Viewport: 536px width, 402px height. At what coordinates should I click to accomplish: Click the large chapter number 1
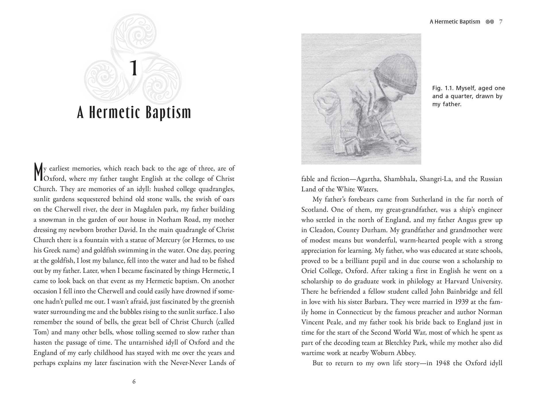coord(134,68)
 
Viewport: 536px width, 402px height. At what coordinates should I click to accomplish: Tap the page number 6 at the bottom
coord(134,382)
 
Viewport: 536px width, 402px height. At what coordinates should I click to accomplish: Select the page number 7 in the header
coord(501,22)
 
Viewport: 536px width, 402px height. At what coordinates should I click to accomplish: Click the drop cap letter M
coord(38,172)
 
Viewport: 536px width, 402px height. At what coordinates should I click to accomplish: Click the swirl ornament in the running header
coord(490,22)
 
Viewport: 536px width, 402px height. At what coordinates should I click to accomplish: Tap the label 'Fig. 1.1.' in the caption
coord(443,88)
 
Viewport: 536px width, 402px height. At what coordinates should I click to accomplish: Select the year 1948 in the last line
coord(443,363)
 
